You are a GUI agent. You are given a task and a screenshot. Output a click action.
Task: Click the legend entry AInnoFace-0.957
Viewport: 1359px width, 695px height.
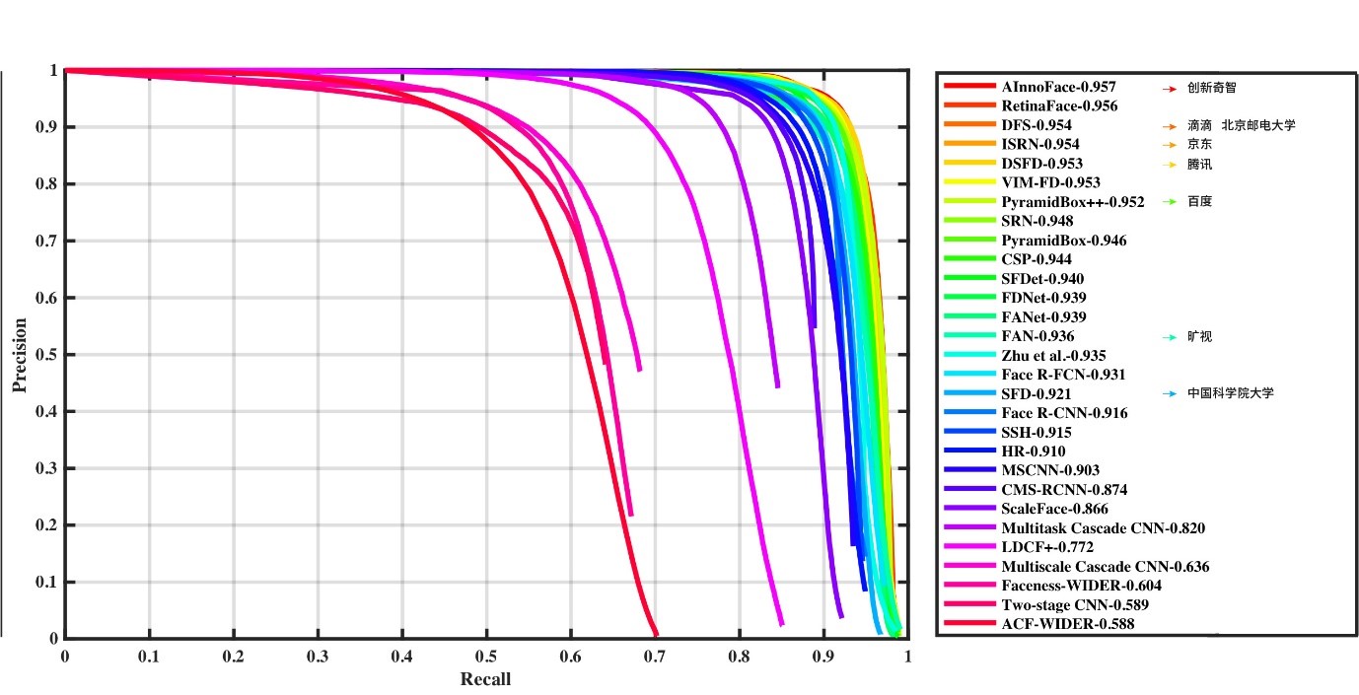coord(1058,87)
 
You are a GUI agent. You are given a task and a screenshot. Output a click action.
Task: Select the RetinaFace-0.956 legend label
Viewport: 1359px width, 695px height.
coord(1059,106)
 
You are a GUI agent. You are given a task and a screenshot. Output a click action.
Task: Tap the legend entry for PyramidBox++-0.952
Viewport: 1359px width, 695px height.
coord(1072,202)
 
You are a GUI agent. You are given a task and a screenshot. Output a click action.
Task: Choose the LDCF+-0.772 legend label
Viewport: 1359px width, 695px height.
coord(1046,547)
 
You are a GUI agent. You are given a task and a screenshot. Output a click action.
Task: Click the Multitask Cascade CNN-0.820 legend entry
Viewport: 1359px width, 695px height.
coord(1103,528)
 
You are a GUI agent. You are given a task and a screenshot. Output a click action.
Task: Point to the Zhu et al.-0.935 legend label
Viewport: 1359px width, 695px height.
coord(1053,356)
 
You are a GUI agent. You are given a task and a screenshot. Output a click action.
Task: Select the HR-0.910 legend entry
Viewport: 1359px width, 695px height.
coord(1033,452)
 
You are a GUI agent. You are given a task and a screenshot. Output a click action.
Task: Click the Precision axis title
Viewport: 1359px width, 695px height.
coord(19,355)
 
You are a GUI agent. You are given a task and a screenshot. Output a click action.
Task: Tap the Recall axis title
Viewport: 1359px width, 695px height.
coord(485,679)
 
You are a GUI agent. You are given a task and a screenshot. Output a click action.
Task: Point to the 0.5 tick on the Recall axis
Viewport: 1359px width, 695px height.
coord(486,656)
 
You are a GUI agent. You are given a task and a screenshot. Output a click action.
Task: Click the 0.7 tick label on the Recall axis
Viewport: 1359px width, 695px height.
coord(655,656)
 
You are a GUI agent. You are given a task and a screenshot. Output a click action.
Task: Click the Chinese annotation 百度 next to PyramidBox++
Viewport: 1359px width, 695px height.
coord(1199,202)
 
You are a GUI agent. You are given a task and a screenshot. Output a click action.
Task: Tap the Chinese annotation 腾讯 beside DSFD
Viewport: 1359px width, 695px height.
coord(1199,164)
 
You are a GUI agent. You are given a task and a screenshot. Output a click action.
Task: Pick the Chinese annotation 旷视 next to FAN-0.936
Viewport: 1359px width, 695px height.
coord(1199,337)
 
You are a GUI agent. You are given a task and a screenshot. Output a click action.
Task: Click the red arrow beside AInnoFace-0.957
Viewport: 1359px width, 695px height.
coord(1171,88)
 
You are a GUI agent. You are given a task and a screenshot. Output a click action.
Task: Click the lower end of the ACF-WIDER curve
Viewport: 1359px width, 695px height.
coord(656,635)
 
